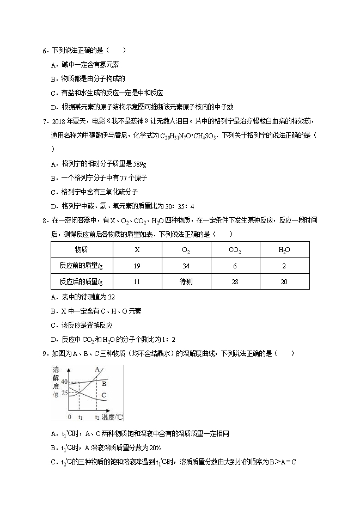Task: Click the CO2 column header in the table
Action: [x=235, y=250]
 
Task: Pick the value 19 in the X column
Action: [x=136, y=266]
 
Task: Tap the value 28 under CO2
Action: [x=235, y=281]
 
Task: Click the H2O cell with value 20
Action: [x=284, y=281]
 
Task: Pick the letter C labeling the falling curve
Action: [x=104, y=395]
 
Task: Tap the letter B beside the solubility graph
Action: [x=104, y=383]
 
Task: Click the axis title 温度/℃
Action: [x=113, y=417]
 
